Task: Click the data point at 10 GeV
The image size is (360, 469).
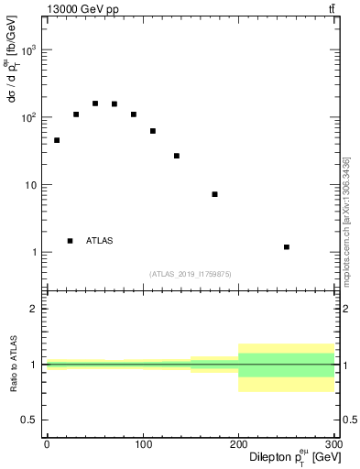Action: tap(56, 140)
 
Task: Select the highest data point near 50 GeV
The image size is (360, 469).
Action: tap(94, 104)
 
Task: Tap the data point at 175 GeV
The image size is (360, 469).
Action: tap(214, 194)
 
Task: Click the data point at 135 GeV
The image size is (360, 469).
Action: tap(176, 156)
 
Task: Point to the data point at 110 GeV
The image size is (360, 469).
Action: tap(152, 131)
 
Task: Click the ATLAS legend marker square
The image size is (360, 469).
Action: tap(70, 241)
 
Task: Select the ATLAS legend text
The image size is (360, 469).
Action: tap(100, 241)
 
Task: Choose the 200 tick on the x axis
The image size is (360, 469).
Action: tap(238, 443)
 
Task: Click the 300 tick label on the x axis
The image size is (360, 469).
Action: tap(333, 443)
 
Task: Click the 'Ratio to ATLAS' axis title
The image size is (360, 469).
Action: tap(13, 365)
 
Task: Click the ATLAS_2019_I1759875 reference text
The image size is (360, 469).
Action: tap(190, 273)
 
